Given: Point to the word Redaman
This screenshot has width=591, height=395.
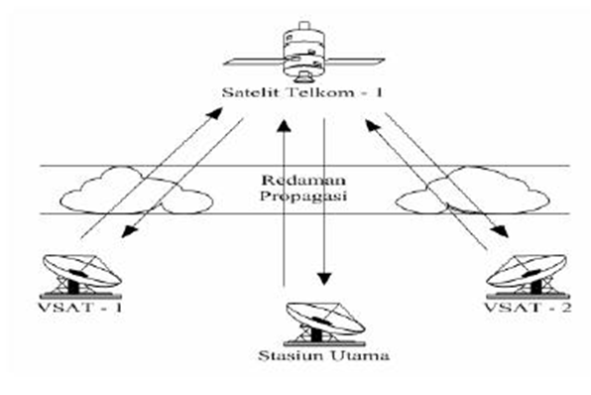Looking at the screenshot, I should pyautogui.click(x=296, y=182).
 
